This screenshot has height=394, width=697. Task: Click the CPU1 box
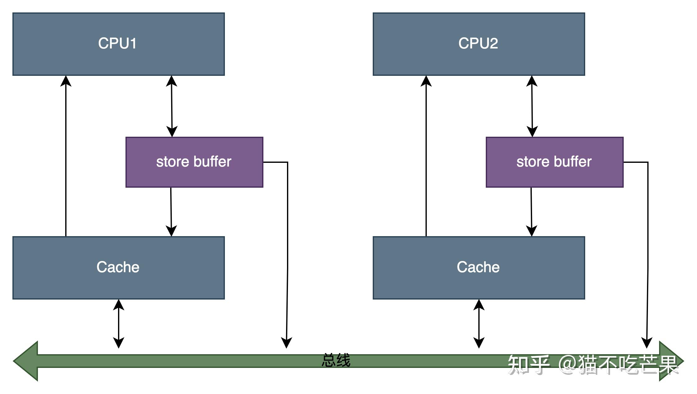pos(119,44)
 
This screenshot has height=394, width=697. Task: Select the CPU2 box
pos(479,44)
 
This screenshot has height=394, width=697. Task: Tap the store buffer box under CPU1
pos(194,162)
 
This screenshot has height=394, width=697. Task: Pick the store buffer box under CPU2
pos(555,162)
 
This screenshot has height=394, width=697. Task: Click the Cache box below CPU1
pos(119,268)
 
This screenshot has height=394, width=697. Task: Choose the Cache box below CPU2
pos(479,268)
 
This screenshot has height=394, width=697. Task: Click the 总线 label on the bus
pos(336,360)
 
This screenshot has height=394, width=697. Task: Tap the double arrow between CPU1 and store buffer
pos(172,106)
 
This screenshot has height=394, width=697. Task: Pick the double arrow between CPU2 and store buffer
pos(532,106)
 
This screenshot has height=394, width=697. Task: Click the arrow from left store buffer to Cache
pos(171,212)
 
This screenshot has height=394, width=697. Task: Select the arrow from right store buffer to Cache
pos(531,212)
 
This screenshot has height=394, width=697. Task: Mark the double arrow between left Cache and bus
pos(119,324)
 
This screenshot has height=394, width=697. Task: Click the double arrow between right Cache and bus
pos(479,324)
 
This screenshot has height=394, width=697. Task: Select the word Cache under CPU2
pos(478,267)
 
